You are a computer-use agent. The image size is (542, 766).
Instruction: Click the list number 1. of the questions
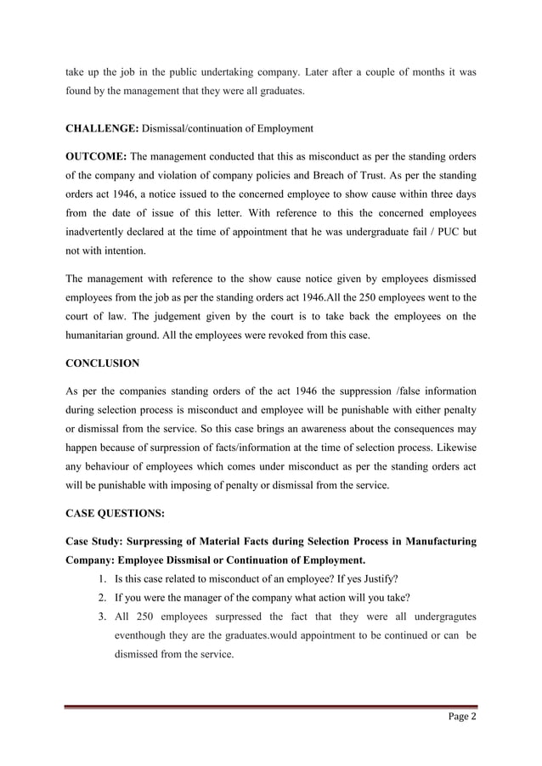coord(94,579)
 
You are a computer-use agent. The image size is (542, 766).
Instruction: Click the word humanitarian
coord(101,340)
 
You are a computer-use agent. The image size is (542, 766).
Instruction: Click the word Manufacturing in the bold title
coord(434,541)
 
